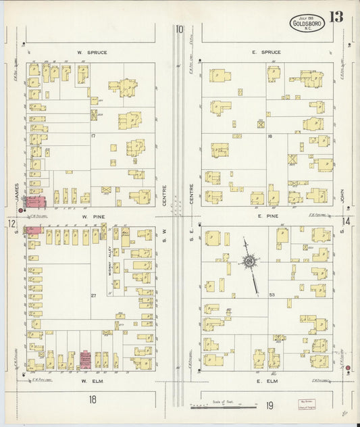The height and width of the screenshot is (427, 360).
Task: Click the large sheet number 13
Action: pyautogui.click(x=336, y=18)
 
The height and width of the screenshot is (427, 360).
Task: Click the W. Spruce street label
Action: pyautogui.click(x=92, y=52)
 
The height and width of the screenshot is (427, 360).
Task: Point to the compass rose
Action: pyautogui.click(x=250, y=260)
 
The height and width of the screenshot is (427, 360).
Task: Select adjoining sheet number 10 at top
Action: pyautogui.click(x=179, y=29)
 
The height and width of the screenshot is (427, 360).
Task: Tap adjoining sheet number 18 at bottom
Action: pyautogui.click(x=91, y=400)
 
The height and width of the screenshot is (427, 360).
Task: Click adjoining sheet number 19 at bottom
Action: pyautogui.click(x=269, y=405)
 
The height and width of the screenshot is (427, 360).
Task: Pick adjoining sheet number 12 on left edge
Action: pyautogui.click(x=11, y=223)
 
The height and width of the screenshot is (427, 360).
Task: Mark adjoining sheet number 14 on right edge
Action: pyautogui.click(x=346, y=222)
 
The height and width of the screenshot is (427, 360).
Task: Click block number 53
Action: pyautogui.click(x=272, y=295)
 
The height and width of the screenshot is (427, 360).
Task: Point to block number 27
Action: pyautogui.click(x=94, y=295)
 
